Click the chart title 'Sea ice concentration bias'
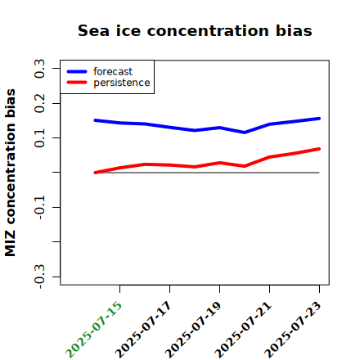coord(195,30)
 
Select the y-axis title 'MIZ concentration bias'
coord(10,173)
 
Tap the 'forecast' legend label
coord(113,71)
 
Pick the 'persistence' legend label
coord(122,83)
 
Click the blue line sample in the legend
coord(77,71)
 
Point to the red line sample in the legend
coord(77,83)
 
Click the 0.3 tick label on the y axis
coord(39,69)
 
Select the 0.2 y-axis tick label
coord(39,103)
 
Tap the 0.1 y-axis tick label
coord(39,138)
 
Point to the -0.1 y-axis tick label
coord(39,208)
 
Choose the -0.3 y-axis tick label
coord(39,277)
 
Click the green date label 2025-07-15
coord(93,330)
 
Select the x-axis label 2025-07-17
coord(143,330)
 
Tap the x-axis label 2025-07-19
coord(193,330)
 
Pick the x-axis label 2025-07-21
coord(243,330)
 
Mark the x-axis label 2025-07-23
coord(293,330)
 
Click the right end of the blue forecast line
coord(319,119)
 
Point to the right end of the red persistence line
coord(319,149)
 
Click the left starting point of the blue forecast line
coord(95,120)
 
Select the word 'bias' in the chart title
coord(294,30)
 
